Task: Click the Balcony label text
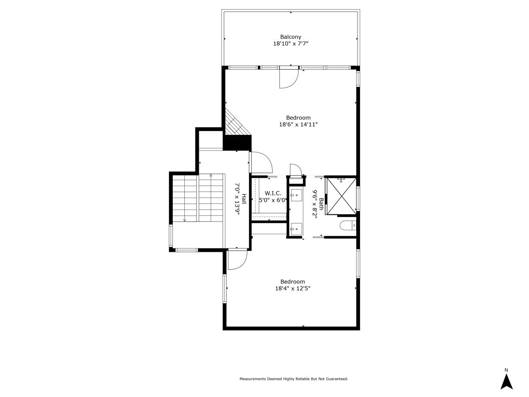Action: (291, 37)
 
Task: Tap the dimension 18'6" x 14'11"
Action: (298, 125)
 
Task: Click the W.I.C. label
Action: (273, 193)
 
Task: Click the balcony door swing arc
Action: (289, 79)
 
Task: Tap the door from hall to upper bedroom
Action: (261, 162)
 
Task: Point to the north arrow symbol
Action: (507, 382)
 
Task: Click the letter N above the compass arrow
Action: (507, 370)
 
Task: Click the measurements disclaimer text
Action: (294, 379)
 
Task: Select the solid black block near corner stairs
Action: (237, 143)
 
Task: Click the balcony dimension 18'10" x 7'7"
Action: (291, 44)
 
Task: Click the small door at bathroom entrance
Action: (295, 170)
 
